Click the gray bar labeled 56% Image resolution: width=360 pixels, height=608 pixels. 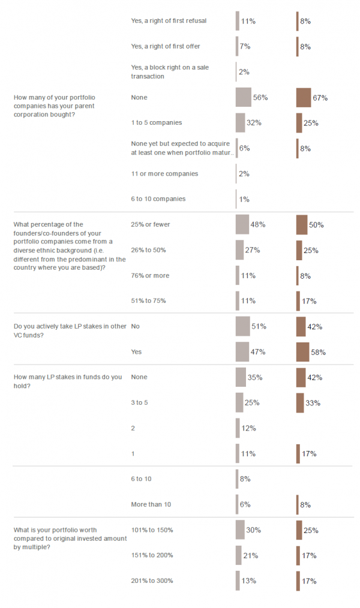pos(243,97)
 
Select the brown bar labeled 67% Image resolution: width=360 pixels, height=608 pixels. pos(304,97)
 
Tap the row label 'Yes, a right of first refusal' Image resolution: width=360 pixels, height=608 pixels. pos(168,21)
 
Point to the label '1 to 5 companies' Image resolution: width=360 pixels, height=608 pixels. pos(156,122)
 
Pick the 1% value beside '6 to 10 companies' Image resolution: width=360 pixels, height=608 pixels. pos(244,199)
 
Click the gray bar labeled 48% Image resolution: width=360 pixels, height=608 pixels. pos(242,224)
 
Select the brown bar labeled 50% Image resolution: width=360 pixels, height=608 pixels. pos(302,224)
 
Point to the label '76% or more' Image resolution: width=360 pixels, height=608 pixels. pos(150,275)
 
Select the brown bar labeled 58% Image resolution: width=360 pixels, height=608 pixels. pos(302,352)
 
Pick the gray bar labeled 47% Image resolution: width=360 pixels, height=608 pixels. pos(242,352)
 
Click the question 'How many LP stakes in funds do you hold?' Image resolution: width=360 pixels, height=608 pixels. pos(67,381)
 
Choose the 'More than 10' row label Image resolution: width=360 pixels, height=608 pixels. pos(151,504)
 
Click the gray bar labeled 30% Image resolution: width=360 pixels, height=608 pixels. pos(240,529)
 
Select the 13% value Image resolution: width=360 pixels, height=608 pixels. pos(250,581)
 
